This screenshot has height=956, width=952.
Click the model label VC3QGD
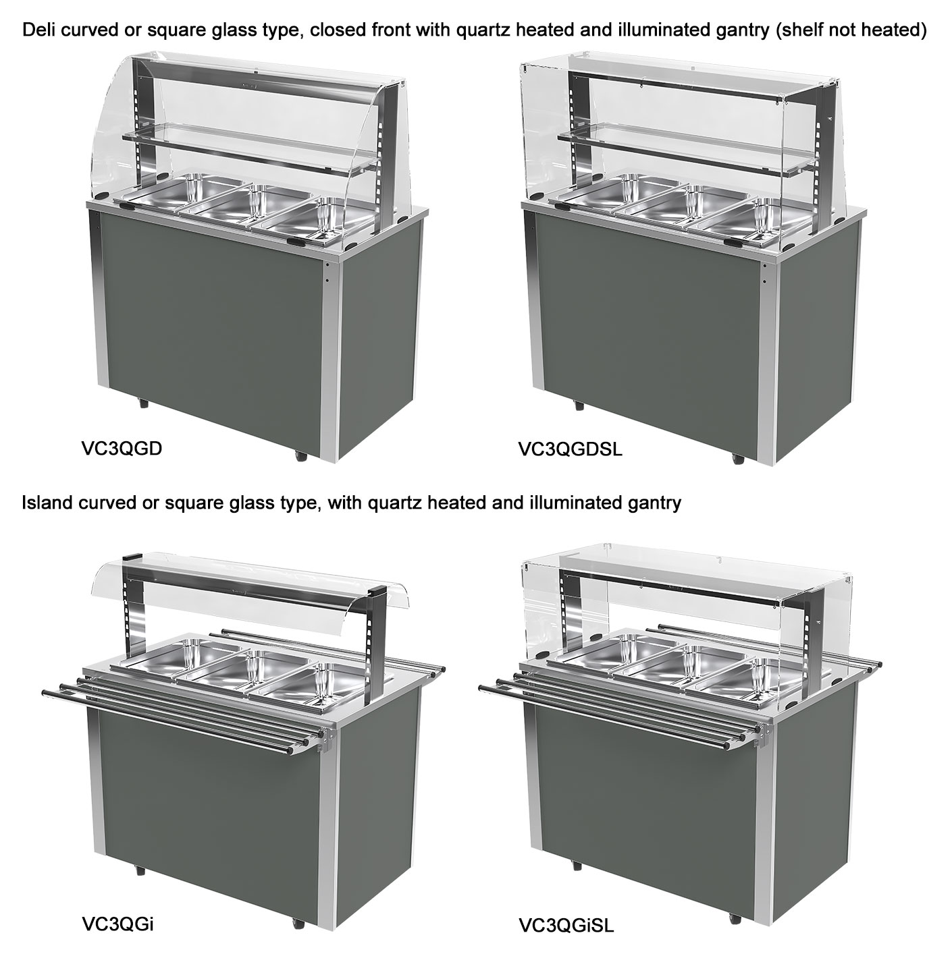point(122,449)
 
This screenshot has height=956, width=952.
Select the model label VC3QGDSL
point(570,449)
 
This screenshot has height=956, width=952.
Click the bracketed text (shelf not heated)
point(851,30)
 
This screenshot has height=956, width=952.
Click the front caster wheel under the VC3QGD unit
point(300,455)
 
